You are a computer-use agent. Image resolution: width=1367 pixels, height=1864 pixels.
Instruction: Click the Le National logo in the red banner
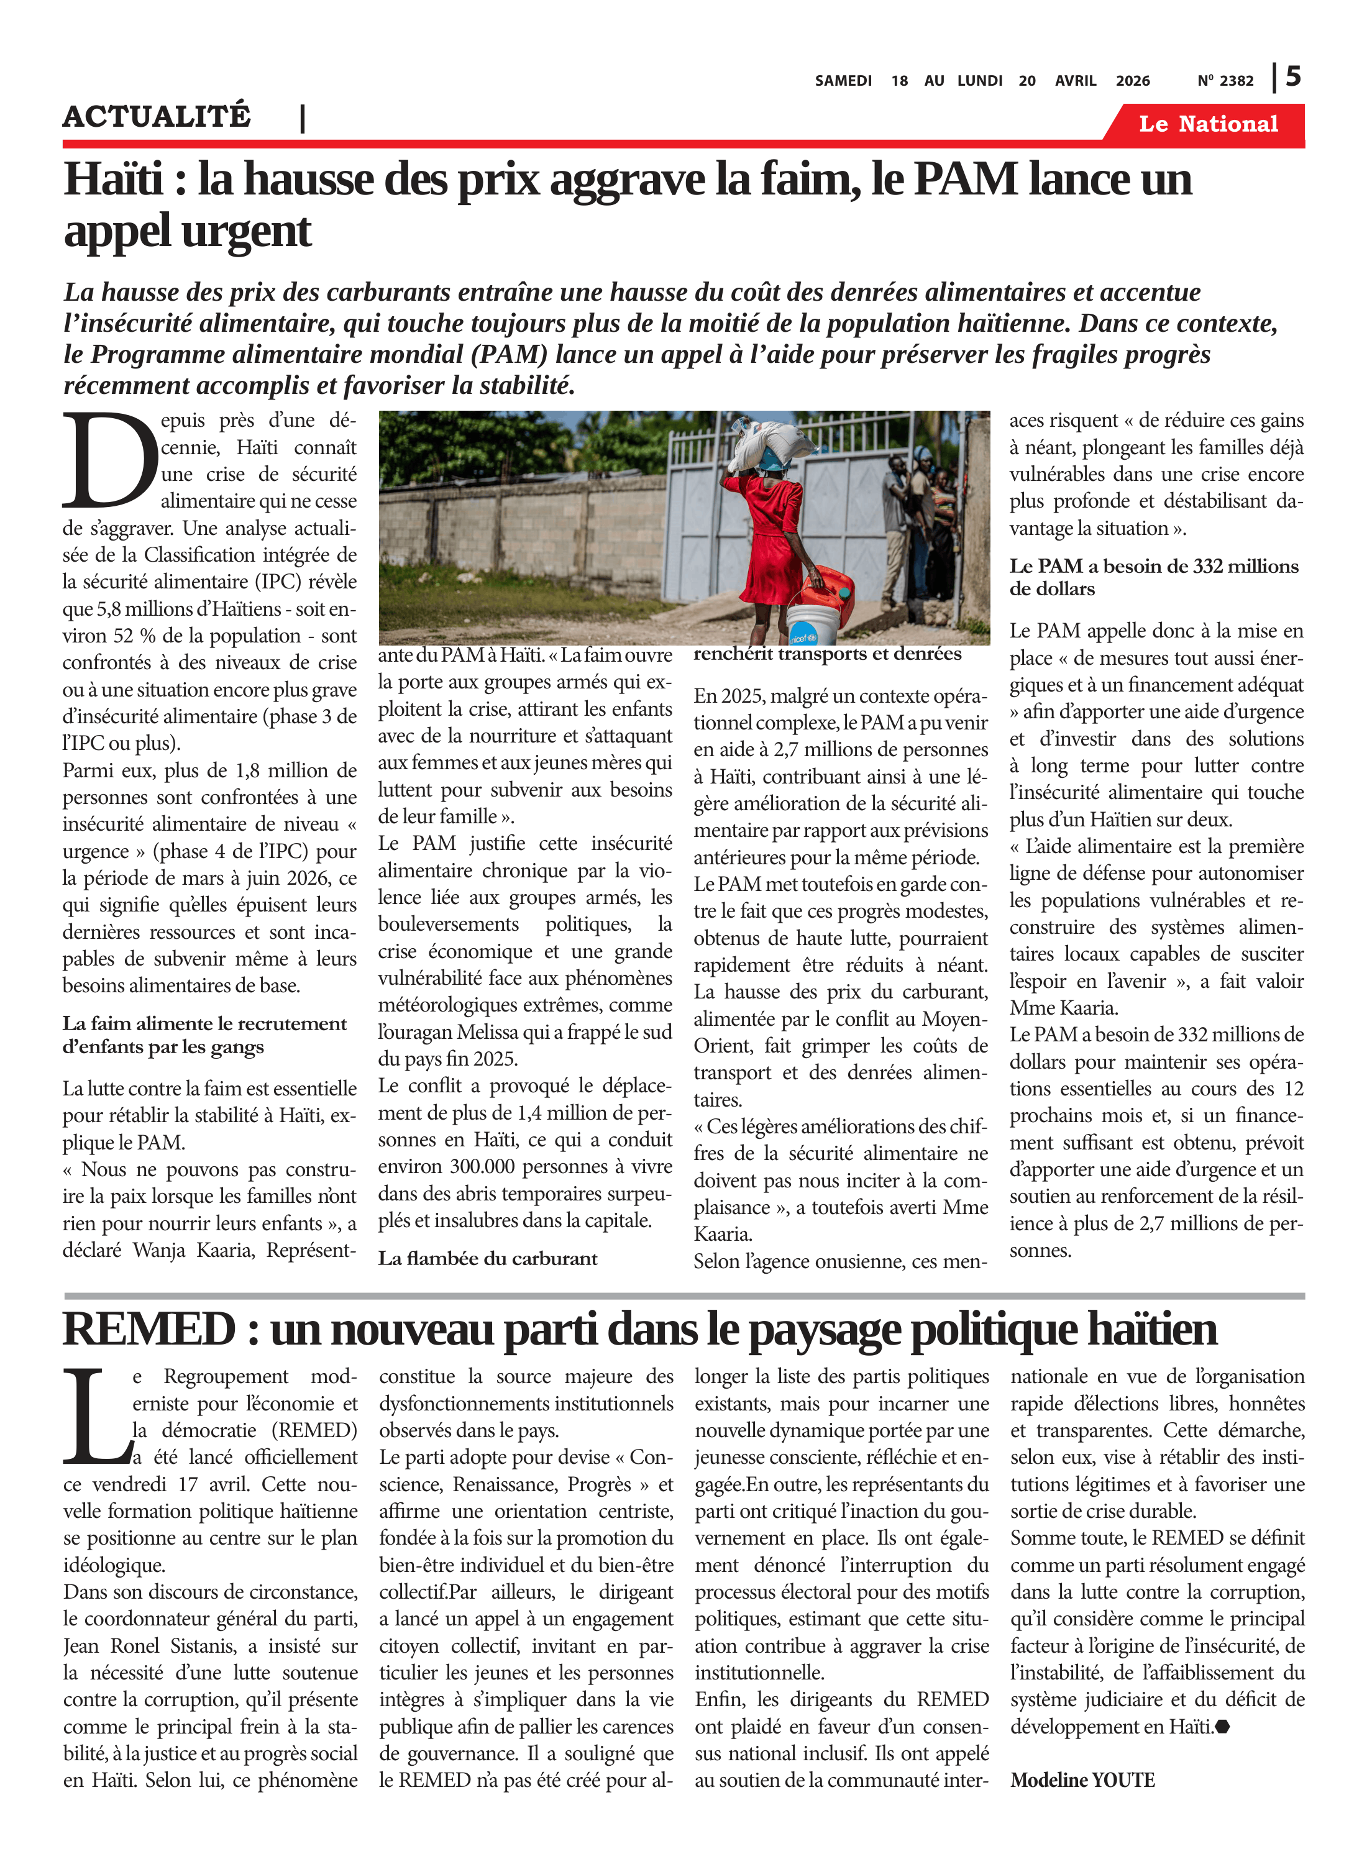(1207, 124)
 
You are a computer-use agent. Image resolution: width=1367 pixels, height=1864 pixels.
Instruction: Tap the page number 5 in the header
(1293, 77)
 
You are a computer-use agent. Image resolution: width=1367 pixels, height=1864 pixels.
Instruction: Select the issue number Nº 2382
(1225, 81)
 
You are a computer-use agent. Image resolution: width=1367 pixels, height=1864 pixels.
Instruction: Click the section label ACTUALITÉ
(157, 116)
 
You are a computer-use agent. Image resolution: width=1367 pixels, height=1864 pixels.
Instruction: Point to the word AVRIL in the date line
(1075, 81)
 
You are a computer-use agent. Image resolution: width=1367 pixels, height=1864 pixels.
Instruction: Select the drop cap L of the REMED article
(95, 1415)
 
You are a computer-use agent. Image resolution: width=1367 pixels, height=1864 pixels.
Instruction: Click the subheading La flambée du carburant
(487, 1258)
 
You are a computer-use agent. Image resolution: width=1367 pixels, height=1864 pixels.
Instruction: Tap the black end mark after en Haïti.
(1223, 1727)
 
